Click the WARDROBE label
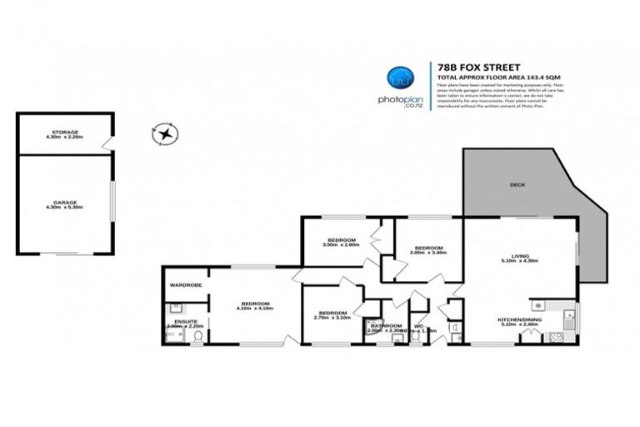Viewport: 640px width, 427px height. point(186,285)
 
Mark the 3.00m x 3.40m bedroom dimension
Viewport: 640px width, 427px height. point(428,252)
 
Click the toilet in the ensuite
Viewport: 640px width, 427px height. point(197,335)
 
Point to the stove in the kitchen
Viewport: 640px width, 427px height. point(556,336)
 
